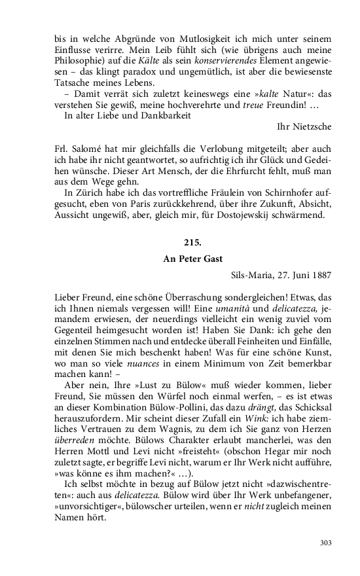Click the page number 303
[327, 542]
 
